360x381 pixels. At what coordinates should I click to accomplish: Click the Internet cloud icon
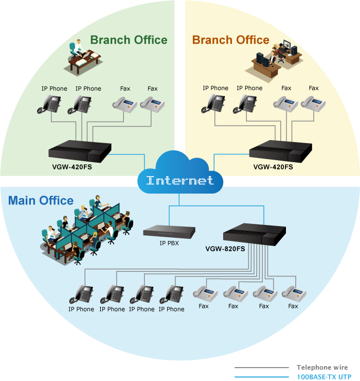click(x=179, y=175)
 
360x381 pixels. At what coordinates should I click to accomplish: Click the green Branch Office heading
click(x=129, y=40)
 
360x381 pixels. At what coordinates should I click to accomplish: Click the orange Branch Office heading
click(x=230, y=40)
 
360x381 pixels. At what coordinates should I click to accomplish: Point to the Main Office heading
click(x=41, y=200)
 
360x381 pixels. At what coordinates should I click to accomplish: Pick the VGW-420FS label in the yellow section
click(x=273, y=167)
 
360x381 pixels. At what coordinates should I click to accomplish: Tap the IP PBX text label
click(x=169, y=244)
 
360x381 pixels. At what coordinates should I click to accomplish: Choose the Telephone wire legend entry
click(x=322, y=368)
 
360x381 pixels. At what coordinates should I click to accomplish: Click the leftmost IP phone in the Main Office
click(x=82, y=295)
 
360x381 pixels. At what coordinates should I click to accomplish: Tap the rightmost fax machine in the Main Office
click(x=294, y=293)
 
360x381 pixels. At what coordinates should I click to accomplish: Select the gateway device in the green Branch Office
click(x=80, y=150)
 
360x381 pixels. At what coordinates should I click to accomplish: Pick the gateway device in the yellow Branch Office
click(x=281, y=150)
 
